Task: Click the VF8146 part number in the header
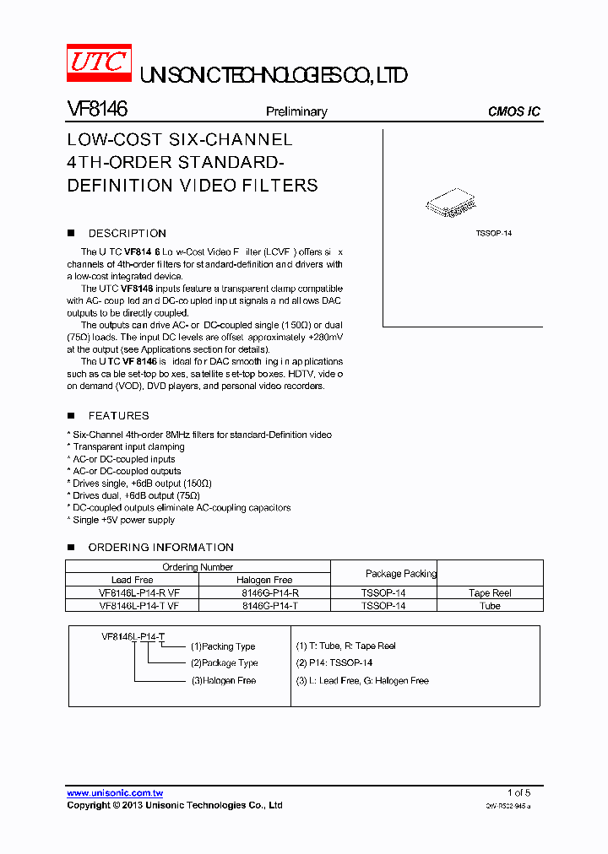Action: pyautogui.click(x=97, y=110)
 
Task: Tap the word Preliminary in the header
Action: pyautogui.click(x=296, y=111)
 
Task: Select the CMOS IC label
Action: pyautogui.click(x=514, y=111)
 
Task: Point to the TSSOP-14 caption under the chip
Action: pyautogui.click(x=493, y=233)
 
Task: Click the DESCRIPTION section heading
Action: pyautogui.click(x=128, y=234)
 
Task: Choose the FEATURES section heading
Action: pyautogui.click(x=118, y=416)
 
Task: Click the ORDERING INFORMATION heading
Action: pyautogui.click(x=160, y=548)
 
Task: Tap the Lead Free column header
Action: pyautogui.click(x=133, y=580)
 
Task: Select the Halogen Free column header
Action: pyautogui.click(x=264, y=580)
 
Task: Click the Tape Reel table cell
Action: pyautogui.click(x=491, y=593)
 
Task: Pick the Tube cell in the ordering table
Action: pyautogui.click(x=491, y=606)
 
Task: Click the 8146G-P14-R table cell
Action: pyautogui.click(x=264, y=593)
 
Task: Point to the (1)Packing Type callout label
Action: pyautogui.click(x=223, y=646)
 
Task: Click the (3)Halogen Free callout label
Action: pyautogui.click(x=223, y=681)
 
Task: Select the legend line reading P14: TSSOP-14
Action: pyautogui.click(x=334, y=663)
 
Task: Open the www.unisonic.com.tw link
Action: pyautogui.click(x=115, y=793)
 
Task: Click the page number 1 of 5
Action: pyautogui.click(x=518, y=792)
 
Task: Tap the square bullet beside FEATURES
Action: pyautogui.click(x=71, y=415)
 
